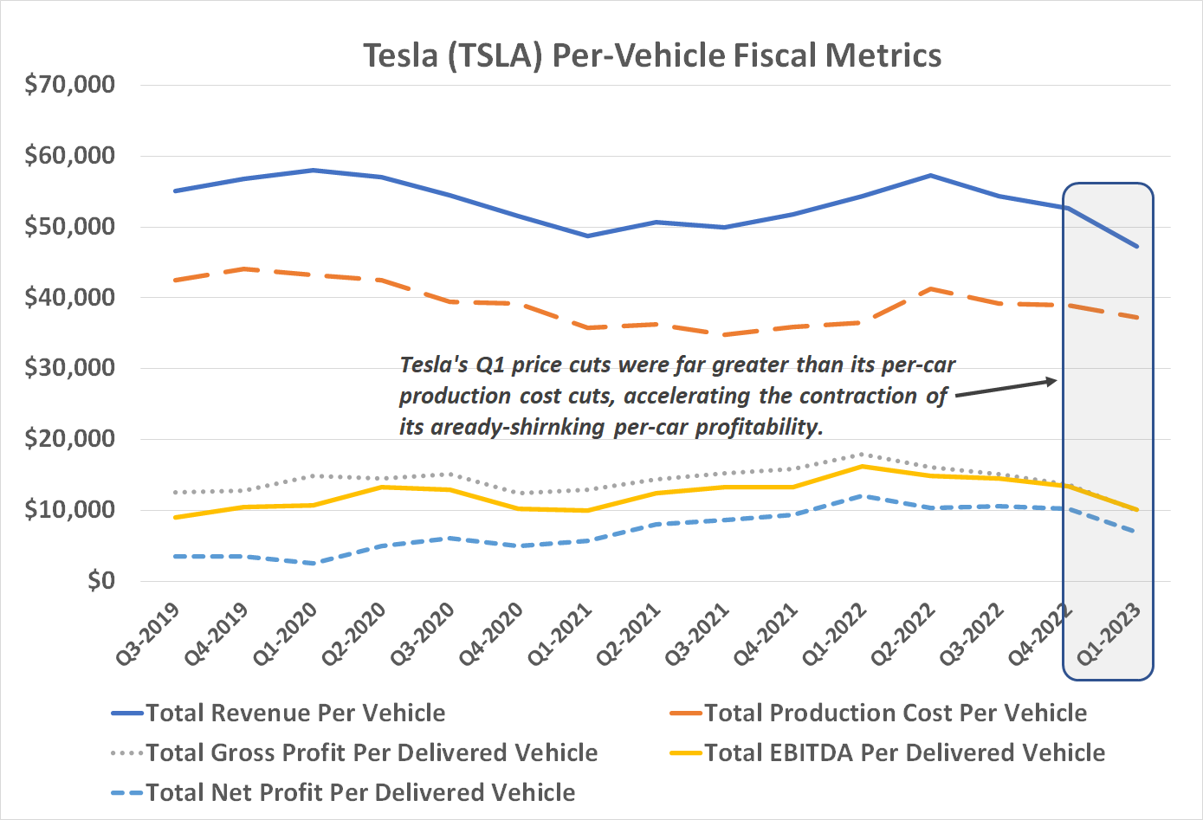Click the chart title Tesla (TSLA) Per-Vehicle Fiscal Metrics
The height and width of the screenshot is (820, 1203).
pos(651,55)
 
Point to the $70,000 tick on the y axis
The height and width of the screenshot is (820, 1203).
pos(70,85)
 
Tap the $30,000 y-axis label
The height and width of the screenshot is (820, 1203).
pos(70,368)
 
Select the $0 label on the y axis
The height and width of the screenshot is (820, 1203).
pos(100,580)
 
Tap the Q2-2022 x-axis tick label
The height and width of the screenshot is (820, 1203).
pos(904,634)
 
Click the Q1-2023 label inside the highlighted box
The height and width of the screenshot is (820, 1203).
pos(1109,634)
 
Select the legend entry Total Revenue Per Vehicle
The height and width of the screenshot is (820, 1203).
pos(295,713)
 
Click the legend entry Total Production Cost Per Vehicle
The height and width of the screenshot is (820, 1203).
pos(895,713)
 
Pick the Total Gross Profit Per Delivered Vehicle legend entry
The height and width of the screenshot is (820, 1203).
pos(372,752)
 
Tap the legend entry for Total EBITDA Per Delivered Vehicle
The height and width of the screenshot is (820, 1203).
pos(904,752)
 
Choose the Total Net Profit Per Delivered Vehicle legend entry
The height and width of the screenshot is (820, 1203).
pos(360,792)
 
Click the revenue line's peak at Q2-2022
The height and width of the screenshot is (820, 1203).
pos(930,176)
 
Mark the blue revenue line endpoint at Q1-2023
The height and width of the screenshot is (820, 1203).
pos(1136,247)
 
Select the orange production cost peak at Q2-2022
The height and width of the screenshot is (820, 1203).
pos(930,289)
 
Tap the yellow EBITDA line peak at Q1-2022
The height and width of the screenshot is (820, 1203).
pos(862,467)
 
